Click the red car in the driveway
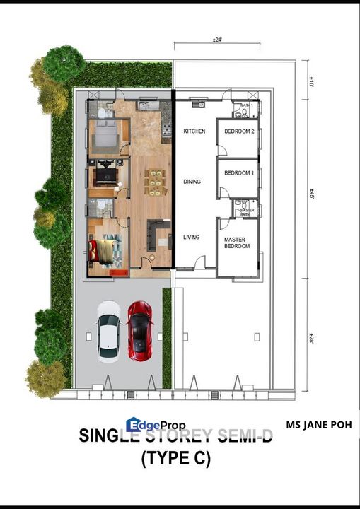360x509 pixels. tap(139, 329)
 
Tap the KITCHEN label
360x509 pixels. tap(194, 132)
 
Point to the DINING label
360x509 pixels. tap(192, 182)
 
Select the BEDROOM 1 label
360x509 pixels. tap(239, 173)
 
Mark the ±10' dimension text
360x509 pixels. tap(311, 83)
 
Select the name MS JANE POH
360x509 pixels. tap(318, 426)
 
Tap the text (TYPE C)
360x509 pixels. tap(175, 459)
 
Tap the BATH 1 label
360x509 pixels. tap(246, 105)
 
